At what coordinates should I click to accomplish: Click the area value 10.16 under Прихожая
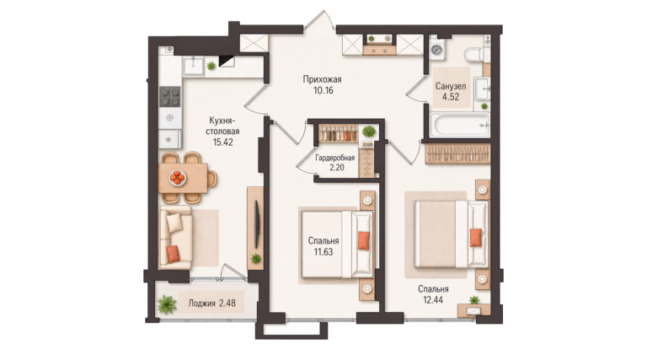point(323,90)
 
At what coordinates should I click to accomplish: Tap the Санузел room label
point(451,86)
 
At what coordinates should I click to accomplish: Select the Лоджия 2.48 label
point(211,303)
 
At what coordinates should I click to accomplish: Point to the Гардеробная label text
point(335,158)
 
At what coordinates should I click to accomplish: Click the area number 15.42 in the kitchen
point(222,142)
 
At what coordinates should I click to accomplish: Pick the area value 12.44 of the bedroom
point(433,300)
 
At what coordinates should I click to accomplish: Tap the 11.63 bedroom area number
point(323,252)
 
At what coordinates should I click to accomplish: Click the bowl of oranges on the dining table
point(178,178)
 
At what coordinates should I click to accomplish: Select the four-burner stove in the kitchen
point(170,96)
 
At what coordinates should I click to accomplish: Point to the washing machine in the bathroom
point(437,50)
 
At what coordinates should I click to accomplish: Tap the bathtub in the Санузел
point(460,124)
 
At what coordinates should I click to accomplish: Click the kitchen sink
point(193,66)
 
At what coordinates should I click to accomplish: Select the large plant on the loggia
point(167,304)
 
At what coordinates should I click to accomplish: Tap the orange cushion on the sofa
point(173,253)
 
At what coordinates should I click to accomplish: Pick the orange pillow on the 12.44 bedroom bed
point(476,238)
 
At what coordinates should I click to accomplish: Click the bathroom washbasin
point(482,88)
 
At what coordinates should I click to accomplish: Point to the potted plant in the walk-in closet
point(368,132)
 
